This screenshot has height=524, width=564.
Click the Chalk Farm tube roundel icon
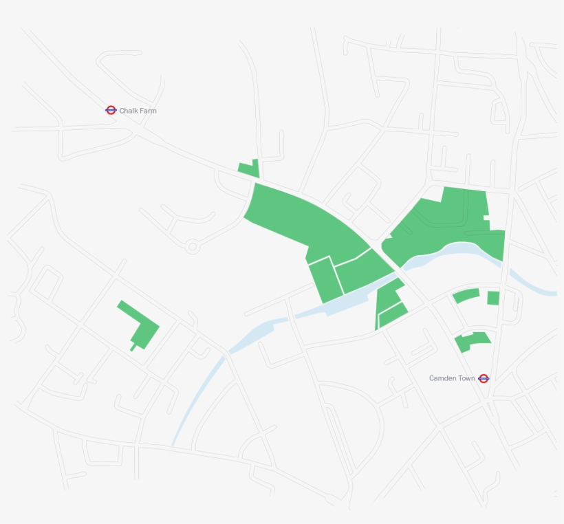[x=111, y=110]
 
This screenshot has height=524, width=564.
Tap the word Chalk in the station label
[x=129, y=111]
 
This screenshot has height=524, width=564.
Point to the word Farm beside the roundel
[x=148, y=111]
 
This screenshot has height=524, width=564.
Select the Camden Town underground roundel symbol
[x=484, y=378]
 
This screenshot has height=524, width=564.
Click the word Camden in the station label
[x=443, y=378]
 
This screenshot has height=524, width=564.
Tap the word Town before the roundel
[x=467, y=378]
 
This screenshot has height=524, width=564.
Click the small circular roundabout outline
[x=192, y=245]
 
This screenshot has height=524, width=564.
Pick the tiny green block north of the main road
[x=249, y=168]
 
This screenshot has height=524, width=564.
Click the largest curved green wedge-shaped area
[x=303, y=220]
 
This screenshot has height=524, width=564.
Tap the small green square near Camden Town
[x=493, y=298]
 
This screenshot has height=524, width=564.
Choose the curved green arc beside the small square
[x=466, y=296]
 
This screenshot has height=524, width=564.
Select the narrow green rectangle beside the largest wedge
[x=325, y=280]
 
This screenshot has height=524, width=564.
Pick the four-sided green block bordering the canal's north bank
[x=362, y=270]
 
